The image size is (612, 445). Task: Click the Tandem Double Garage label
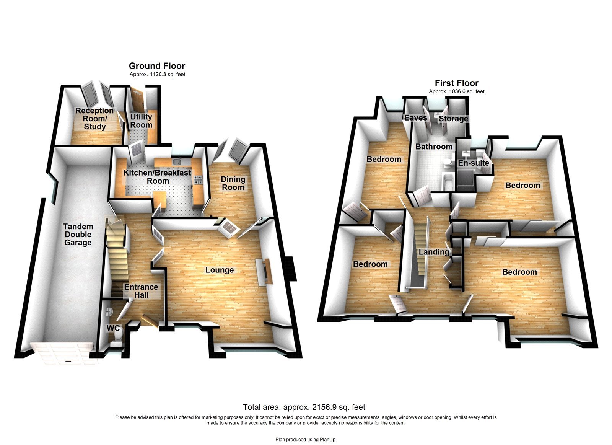[78, 235]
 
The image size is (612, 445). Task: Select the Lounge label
[220, 270]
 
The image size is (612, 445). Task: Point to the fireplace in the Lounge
[264, 271]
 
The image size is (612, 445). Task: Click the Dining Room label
[233, 183]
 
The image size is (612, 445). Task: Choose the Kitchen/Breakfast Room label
[157, 177]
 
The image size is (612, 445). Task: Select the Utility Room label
[141, 121]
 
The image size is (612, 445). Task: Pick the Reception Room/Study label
[94, 119]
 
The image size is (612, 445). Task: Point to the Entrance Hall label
[141, 291]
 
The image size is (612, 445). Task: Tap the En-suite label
[474, 163]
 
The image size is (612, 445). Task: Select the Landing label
[434, 252]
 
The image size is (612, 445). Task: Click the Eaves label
[416, 118]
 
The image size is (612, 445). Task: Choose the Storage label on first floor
[453, 119]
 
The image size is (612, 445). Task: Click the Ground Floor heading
[157, 66]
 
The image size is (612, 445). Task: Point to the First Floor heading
[456, 83]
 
